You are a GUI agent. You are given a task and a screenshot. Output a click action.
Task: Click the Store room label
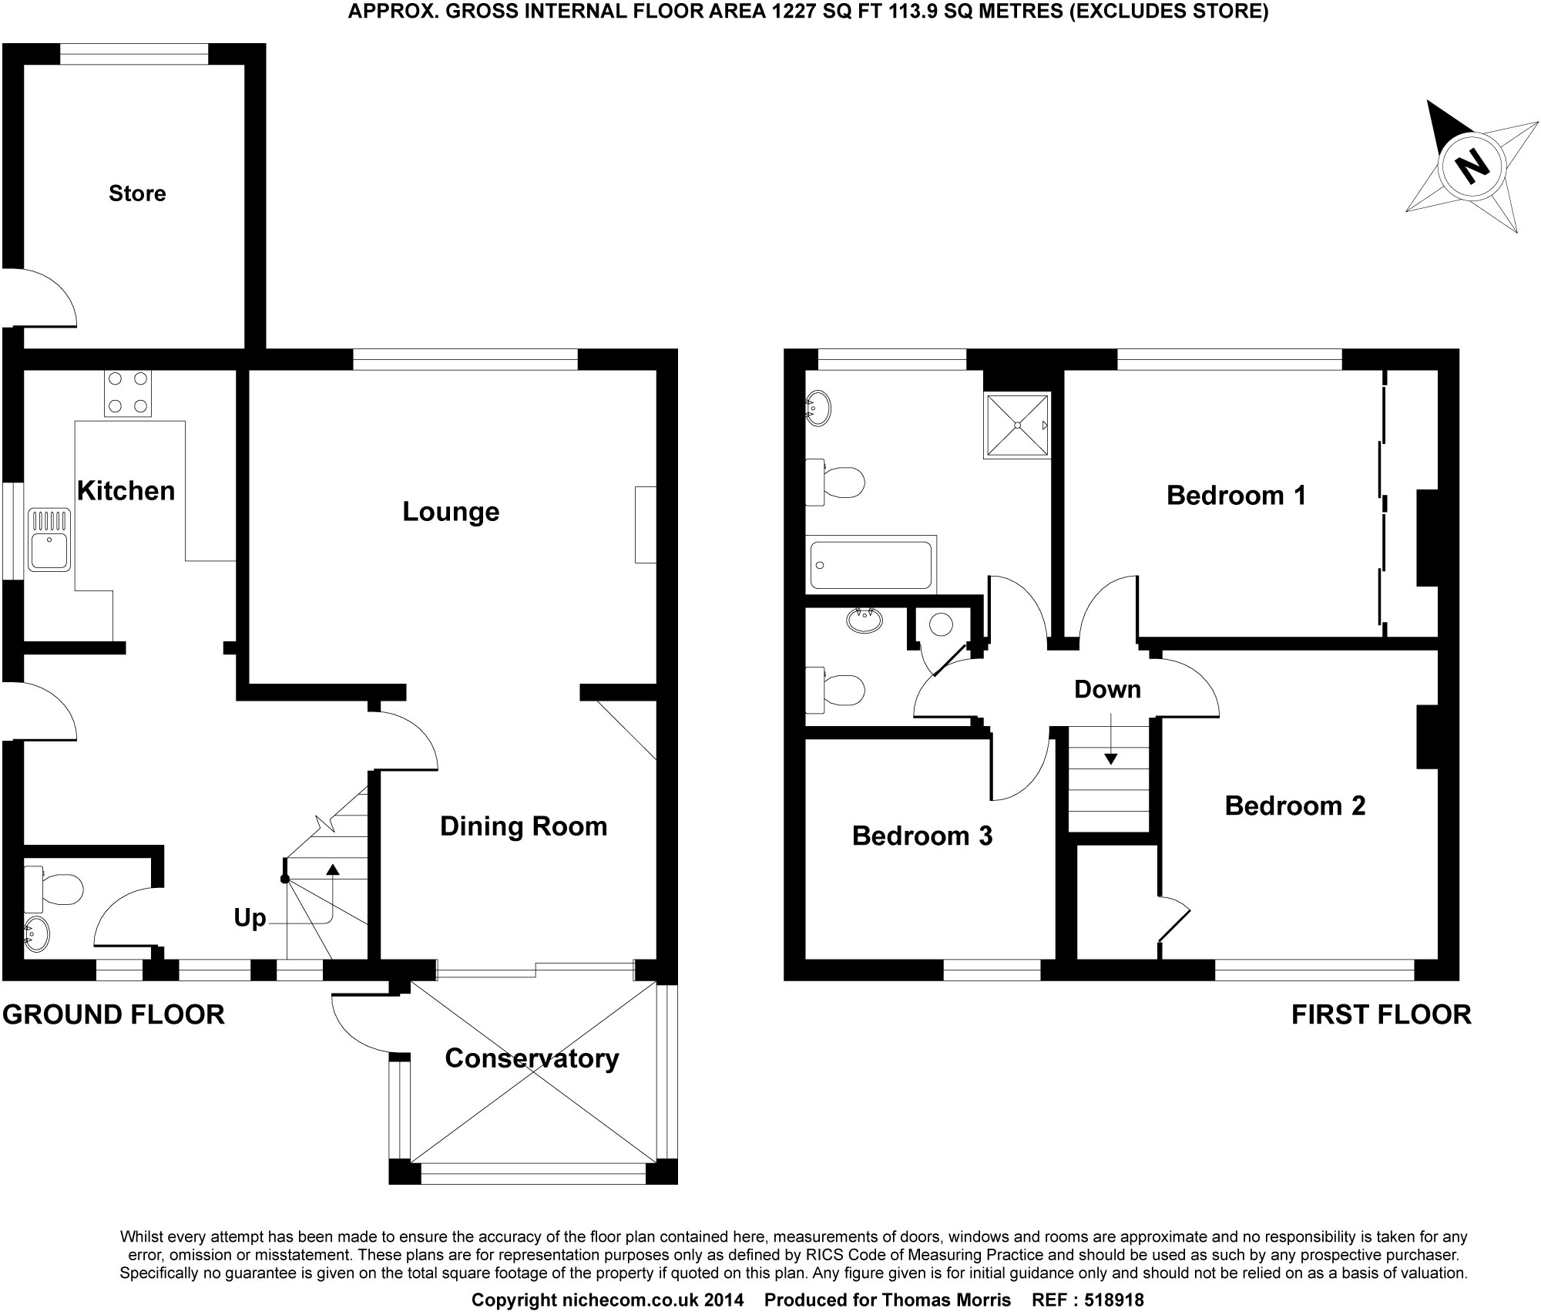[x=137, y=193]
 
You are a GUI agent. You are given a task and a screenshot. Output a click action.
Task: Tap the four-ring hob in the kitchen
[x=128, y=393]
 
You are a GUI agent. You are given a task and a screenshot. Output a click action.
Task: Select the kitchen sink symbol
[x=50, y=540]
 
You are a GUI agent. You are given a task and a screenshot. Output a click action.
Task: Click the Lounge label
[x=451, y=512]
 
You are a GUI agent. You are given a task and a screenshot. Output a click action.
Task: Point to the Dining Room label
[x=523, y=826]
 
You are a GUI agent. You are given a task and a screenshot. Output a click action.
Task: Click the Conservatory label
[x=532, y=1058]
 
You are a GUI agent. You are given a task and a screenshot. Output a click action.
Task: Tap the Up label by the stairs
[x=250, y=918]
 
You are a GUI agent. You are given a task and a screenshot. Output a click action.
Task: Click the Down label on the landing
[x=1107, y=689]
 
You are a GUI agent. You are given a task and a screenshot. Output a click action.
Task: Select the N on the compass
[x=1472, y=166]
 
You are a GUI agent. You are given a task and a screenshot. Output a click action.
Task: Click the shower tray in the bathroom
[x=1016, y=426]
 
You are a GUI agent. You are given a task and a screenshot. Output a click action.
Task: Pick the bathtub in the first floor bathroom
[x=871, y=565]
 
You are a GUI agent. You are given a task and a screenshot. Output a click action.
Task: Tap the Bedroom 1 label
[x=1236, y=496]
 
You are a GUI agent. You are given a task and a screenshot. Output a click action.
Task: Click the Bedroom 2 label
[x=1294, y=806]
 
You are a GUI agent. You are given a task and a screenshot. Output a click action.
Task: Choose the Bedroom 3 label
[x=922, y=836]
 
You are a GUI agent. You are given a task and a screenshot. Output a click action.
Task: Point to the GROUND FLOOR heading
[x=113, y=1014]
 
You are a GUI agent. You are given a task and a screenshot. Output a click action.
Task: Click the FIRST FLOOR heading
[x=1381, y=1014]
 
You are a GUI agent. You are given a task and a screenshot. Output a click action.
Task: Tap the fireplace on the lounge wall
[x=646, y=524]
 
